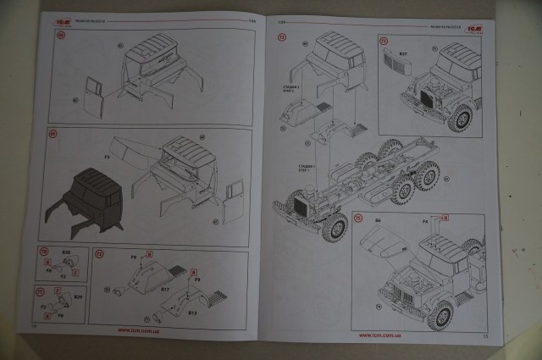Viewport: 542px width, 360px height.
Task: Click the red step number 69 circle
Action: (53, 134)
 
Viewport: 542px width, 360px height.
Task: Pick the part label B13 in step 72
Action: (193, 313)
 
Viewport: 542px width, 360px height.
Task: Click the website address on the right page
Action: (375, 335)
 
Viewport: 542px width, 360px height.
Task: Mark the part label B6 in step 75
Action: (379, 221)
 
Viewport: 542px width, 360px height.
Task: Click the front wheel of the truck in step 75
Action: (440, 314)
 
